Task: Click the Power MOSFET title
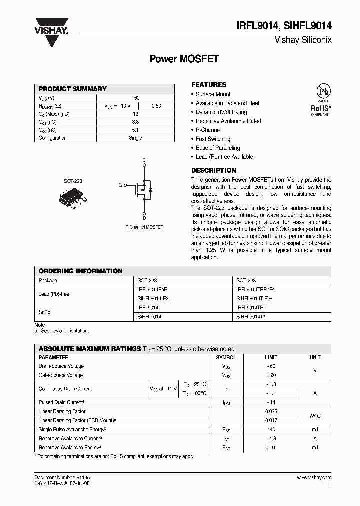[184, 59]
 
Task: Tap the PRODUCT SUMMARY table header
[73, 89]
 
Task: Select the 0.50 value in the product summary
[156, 106]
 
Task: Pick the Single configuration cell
[135, 138]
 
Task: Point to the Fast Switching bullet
[213, 139]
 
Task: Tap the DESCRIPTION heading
[214, 170]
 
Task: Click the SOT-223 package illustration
[73, 196]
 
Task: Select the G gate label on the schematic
[120, 185]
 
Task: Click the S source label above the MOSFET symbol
[144, 160]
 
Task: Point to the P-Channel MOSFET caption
[144, 227]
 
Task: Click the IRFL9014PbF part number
[152, 289]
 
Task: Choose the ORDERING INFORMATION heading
[80, 271]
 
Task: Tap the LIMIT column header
[271, 357]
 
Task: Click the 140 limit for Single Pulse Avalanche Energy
[271, 429]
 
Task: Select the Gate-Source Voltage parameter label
[61, 375]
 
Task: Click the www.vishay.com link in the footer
[314, 478]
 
